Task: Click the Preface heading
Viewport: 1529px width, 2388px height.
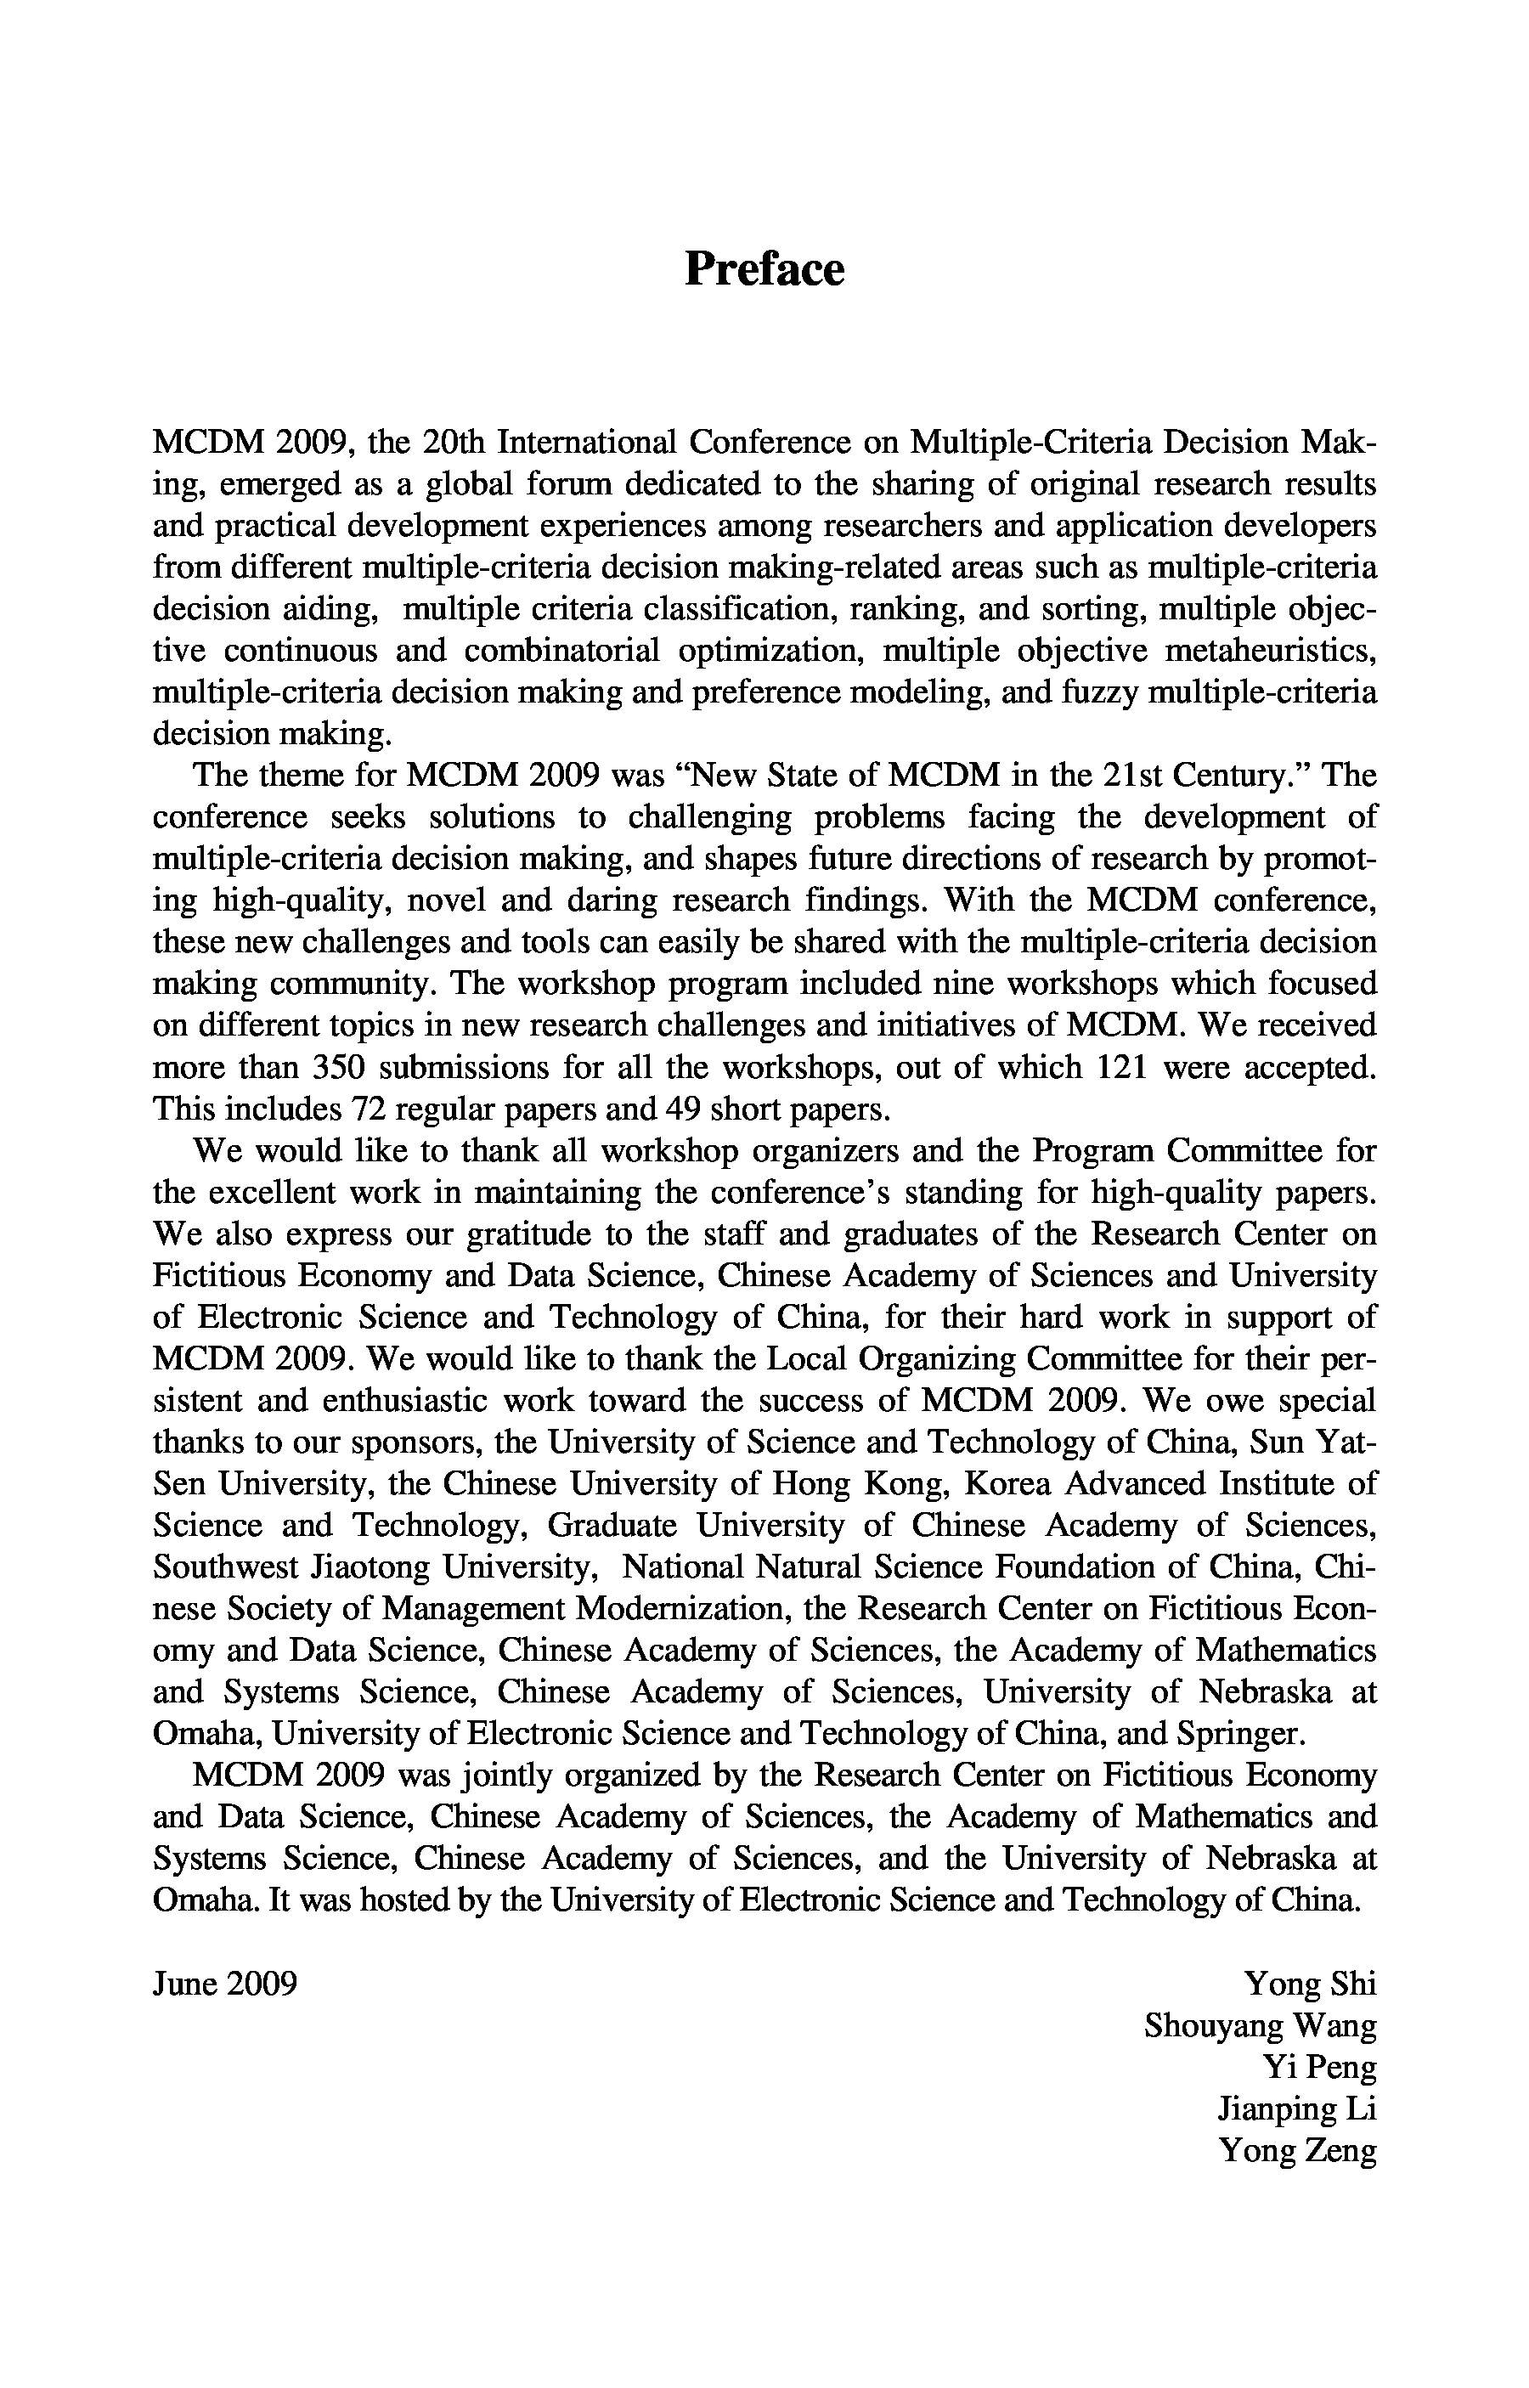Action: (x=764, y=269)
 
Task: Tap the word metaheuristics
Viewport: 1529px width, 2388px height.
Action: (x=1269, y=652)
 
